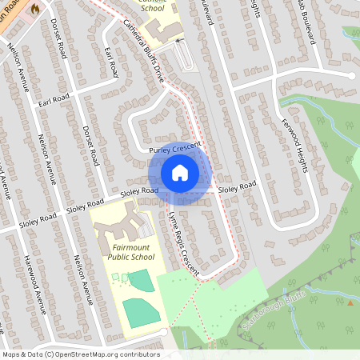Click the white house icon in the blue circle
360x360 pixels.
tap(180, 173)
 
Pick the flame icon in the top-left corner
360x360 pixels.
tap(34, 7)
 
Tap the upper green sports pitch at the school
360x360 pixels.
tap(139, 281)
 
